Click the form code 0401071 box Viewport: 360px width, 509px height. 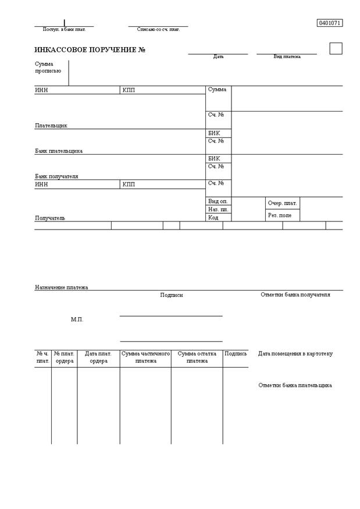click(x=330, y=23)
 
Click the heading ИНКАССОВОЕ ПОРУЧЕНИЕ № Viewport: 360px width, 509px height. click(x=90, y=50)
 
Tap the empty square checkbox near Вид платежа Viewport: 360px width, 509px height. click(x=336, y=48)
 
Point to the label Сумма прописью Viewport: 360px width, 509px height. click(x=48, y=67)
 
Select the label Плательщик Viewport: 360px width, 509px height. click(x=51, y=126)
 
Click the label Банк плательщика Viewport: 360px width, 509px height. click(x=59, y=151)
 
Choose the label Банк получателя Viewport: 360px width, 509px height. click(x=56, y=176)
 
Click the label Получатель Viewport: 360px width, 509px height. click(x=50, y=218)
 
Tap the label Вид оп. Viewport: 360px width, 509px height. click(x=218, y=201)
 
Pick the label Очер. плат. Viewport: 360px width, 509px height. click(x=282, y=203)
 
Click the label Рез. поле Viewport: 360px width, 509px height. click(x=280, y=215)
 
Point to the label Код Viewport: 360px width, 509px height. click(x=213, y=218)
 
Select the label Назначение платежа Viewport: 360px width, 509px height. click(x=62, y=287)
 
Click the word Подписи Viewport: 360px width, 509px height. click(x=172, y=295)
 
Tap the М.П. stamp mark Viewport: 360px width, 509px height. click(x=77, y=320)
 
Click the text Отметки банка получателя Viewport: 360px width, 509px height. click(x=295, y=295)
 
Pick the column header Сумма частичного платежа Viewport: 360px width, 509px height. click(x=145, y=357)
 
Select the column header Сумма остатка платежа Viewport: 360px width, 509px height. click(x=197, y=357)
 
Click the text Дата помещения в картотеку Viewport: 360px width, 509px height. click(x=295, y=354)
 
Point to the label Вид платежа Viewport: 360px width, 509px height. click(x=287, y=57)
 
